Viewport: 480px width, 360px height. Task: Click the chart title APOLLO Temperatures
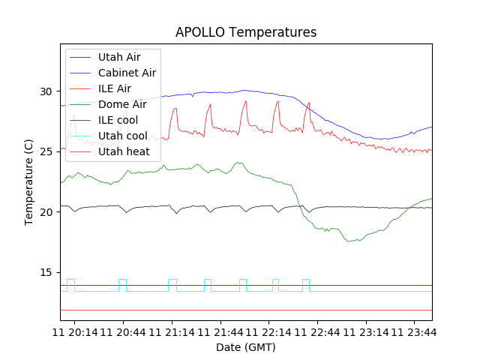(x=246, y=32)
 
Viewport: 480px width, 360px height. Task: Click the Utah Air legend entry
(x=119, y=57)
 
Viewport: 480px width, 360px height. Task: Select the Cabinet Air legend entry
(x=127, y=73)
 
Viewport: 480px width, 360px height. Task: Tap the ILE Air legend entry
(x=115, y=88)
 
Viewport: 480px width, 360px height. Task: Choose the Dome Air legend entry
(x=121, y=104)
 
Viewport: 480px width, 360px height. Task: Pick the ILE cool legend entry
(x=118, y=120)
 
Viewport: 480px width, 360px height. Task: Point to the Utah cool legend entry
(x=122, y=136)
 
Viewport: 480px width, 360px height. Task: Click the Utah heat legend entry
(x=124, y=151)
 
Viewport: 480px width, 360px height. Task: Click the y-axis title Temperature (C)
(x=29, y=182)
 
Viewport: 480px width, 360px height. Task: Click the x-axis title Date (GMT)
(x=246, y=347)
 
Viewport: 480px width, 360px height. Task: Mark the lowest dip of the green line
(x=349, y=241)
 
